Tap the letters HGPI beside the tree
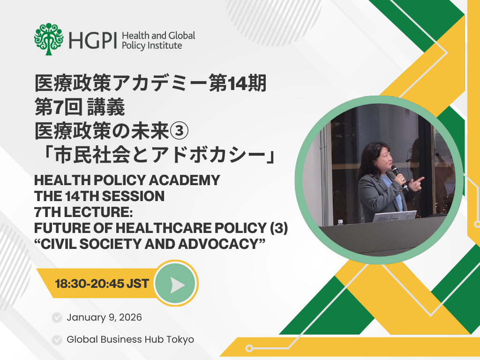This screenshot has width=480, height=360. tap(94, 41)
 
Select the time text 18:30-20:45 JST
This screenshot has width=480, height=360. tap(102, 284)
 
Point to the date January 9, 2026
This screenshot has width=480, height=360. tap(104, 317)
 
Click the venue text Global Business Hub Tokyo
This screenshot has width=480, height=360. tap(130, 339)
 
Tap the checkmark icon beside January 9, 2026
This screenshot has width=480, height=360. tap(57, 318)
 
